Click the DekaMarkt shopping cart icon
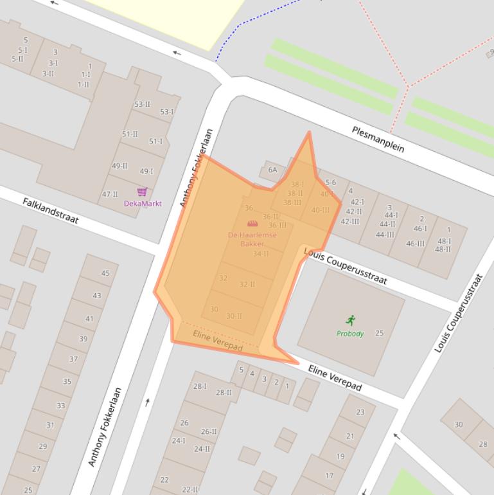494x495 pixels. (142, 192)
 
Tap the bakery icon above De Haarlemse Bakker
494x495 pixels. (252, 223)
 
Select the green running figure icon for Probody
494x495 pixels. (350, 320)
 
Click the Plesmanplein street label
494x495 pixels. (378, 139)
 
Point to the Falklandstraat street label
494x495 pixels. (50, 210)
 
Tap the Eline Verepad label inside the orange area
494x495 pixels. (218, 341)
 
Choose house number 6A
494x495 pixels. (272, 170)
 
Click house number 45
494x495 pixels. (105, 273)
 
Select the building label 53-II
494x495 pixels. (142, 104)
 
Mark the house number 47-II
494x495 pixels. (110, 194)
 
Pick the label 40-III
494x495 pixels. (320, 210)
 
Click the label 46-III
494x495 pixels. (416, 244)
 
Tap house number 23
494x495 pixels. (360, 412)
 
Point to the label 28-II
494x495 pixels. (224, 392)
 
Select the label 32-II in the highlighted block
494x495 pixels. (247, 284)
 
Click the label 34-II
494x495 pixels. (261, 254)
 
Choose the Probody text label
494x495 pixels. (350, 334)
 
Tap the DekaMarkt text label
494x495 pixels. (143, 204)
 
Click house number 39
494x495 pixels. (83, 339)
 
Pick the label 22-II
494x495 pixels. (190, 489)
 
